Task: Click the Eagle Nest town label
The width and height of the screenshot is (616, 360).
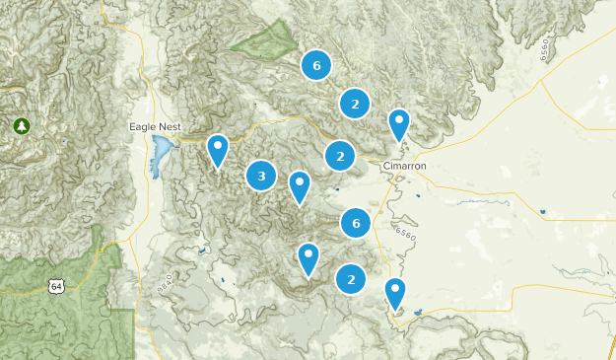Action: click(155, 126)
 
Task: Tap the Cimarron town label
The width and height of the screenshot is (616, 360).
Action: click(404, 166)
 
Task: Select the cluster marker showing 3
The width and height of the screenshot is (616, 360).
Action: click(261, 177)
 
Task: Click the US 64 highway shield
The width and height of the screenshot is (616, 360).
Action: click(55, 286)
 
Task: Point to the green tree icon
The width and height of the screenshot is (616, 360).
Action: click(21, 125)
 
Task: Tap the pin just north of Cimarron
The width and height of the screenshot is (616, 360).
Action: click(399, 124)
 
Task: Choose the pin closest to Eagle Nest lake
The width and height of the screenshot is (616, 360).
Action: click(218, 150)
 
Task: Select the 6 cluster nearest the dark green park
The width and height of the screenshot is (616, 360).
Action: click(316, 66)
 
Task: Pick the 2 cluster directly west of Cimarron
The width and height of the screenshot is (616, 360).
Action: click(340, 156)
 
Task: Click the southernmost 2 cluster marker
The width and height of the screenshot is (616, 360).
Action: click(351, 279)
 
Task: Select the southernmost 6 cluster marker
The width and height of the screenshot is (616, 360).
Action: click(356, 224)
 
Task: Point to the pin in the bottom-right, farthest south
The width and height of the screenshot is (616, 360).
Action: click(395, 294)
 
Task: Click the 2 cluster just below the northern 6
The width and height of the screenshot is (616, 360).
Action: click(354, 103)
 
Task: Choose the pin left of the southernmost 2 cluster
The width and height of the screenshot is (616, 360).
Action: click(308, 258)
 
